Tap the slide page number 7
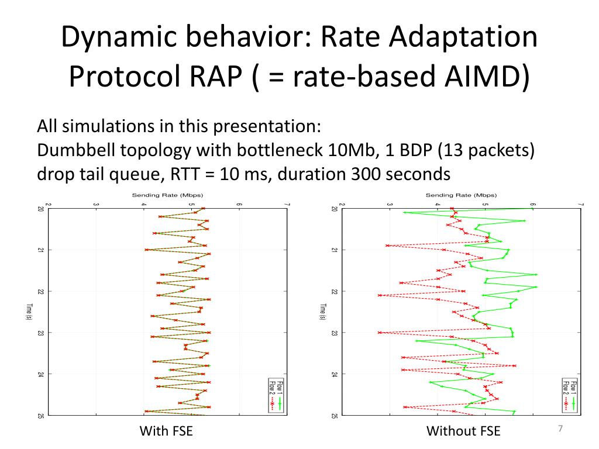click(560, 429)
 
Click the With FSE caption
click(166, 432)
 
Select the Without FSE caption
click(463, 432)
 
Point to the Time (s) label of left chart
click(28, 311)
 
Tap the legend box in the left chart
click(276, 395)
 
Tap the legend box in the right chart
click(569, 395)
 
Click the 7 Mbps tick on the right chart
click(580, 204)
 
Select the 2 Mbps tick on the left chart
click(49, 204)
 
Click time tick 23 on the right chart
click(333, 333)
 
